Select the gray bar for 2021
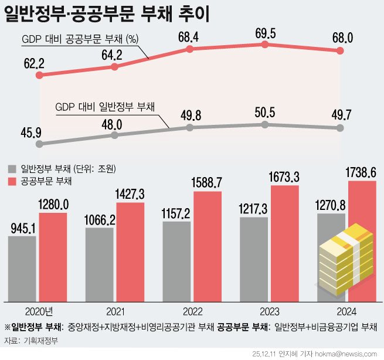coord(100,264)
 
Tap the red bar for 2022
coord(208,246)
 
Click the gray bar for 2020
coord(22,269)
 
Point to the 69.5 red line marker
coord(266,45)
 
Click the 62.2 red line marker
coord(39,75)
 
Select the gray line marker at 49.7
coord(342,128)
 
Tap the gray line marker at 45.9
coord(39,143)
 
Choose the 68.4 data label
coord(188,37)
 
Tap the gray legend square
coord(12,169)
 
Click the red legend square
coord(12,181)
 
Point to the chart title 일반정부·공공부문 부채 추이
coord(106,13)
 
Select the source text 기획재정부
coord(43,341)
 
